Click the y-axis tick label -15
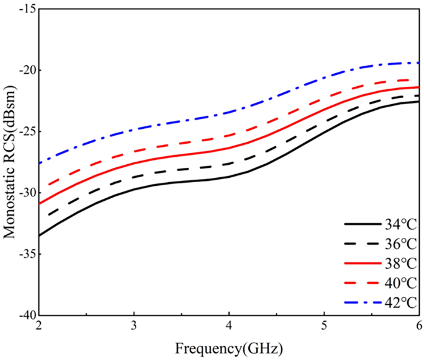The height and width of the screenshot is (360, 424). (x=24, y=9)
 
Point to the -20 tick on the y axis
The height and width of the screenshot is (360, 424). (x=24, y=70)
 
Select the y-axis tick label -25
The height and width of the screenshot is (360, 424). (x=24, y=131)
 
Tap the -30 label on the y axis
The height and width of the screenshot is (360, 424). (x=24, y=193)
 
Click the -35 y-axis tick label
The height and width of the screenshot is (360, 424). (x=24, y=254)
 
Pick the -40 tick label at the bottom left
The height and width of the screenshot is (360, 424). (x=24, y=315)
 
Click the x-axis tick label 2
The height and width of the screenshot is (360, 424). (x=38, y=327)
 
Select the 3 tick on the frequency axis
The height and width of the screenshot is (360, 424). (x=134, y=327)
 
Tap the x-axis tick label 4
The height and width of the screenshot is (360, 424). (x=229, y=327)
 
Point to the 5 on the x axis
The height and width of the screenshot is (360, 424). (x=324, y=327)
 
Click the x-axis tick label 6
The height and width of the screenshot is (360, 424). (x=419, y=327)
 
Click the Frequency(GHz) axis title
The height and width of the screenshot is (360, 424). (x=228, y=348)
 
